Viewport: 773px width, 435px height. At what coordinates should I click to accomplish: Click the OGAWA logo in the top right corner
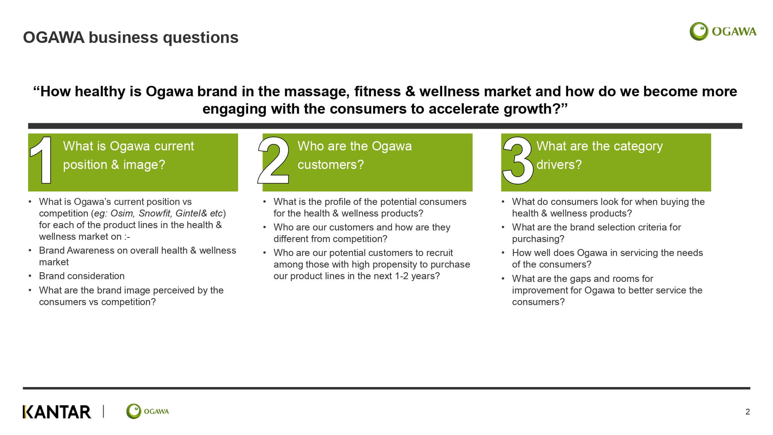click(723, 31)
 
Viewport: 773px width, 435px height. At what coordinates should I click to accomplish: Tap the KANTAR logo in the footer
click(57, 412)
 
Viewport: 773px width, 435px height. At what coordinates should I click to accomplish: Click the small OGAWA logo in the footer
click(147, 411)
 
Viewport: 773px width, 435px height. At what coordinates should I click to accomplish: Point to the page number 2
click(747, 412)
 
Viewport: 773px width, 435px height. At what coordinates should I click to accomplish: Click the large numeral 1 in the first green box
click(41, 160)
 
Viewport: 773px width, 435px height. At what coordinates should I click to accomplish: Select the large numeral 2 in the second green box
click(273, 160)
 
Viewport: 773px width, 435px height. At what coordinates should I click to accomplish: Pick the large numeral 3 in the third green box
click(518, 160)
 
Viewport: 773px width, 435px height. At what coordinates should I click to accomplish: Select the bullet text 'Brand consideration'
click(82, 276)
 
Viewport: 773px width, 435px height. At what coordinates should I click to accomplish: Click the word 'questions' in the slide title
click(201, 38)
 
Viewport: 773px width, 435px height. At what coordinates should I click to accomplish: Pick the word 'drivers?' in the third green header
click(559, 165)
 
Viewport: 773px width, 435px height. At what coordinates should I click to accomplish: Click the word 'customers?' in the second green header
click(331, 165)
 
